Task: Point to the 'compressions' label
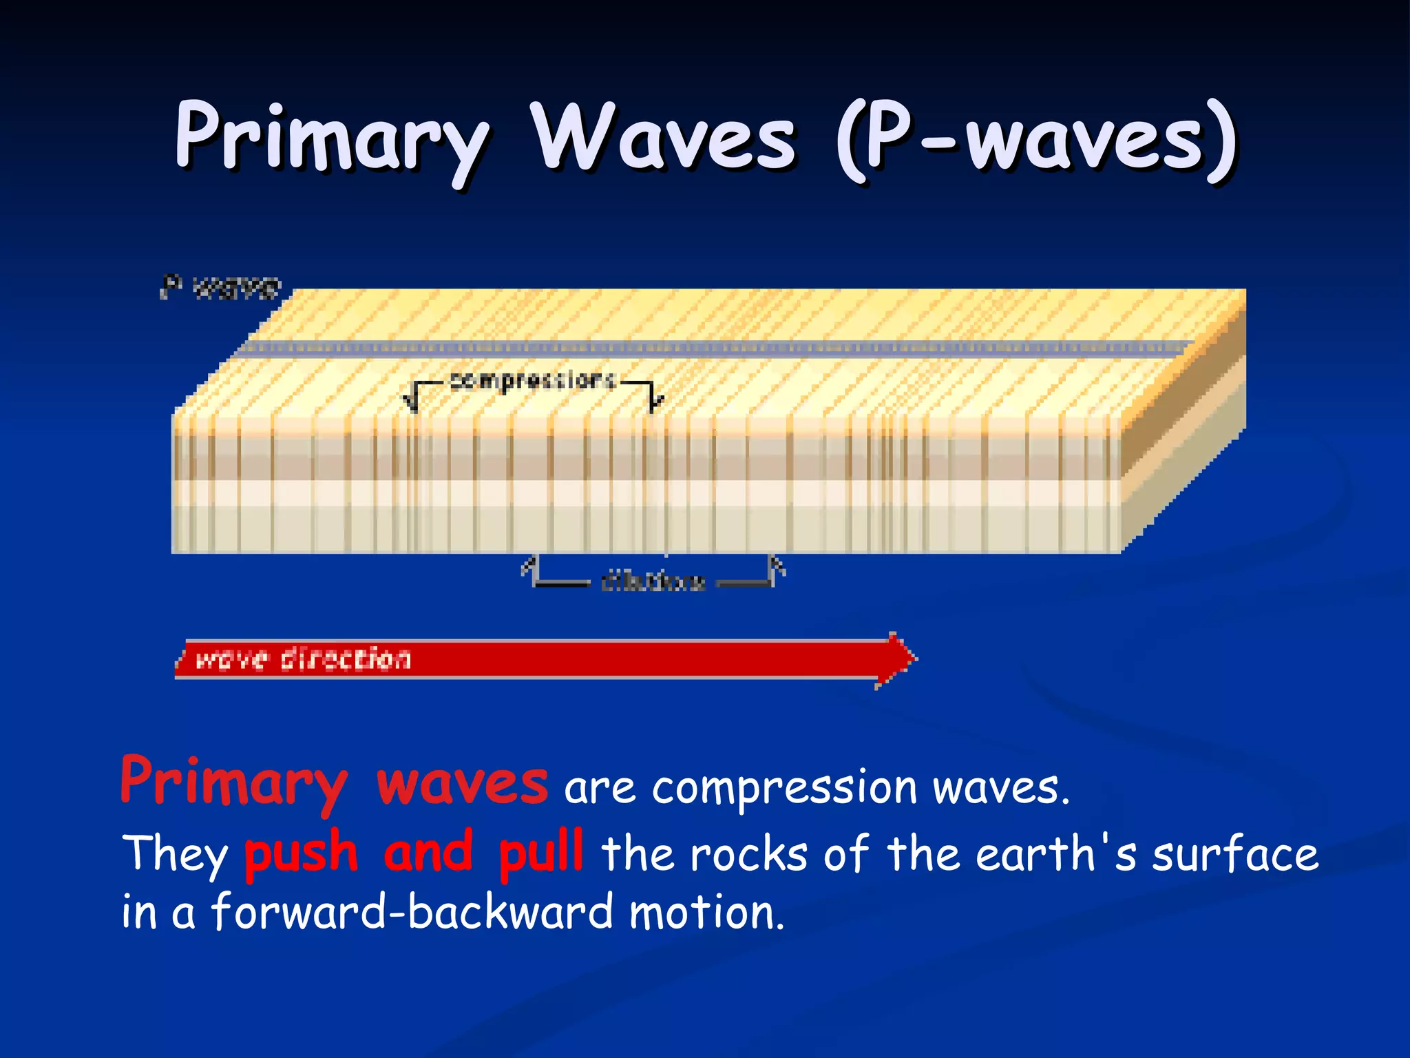coord(532,380)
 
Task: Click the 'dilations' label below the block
coord(653,581)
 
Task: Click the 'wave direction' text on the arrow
coord(303,659)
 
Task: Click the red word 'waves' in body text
coord(463,785)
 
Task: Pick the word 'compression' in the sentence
coord(785,789)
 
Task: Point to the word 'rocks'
coord(749,854)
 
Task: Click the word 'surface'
coord(1235,854)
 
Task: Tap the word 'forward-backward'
coord(411,912)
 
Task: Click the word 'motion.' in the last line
coord(706,912)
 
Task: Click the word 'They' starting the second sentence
coord(175,854)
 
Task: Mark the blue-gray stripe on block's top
coord(716,348)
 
